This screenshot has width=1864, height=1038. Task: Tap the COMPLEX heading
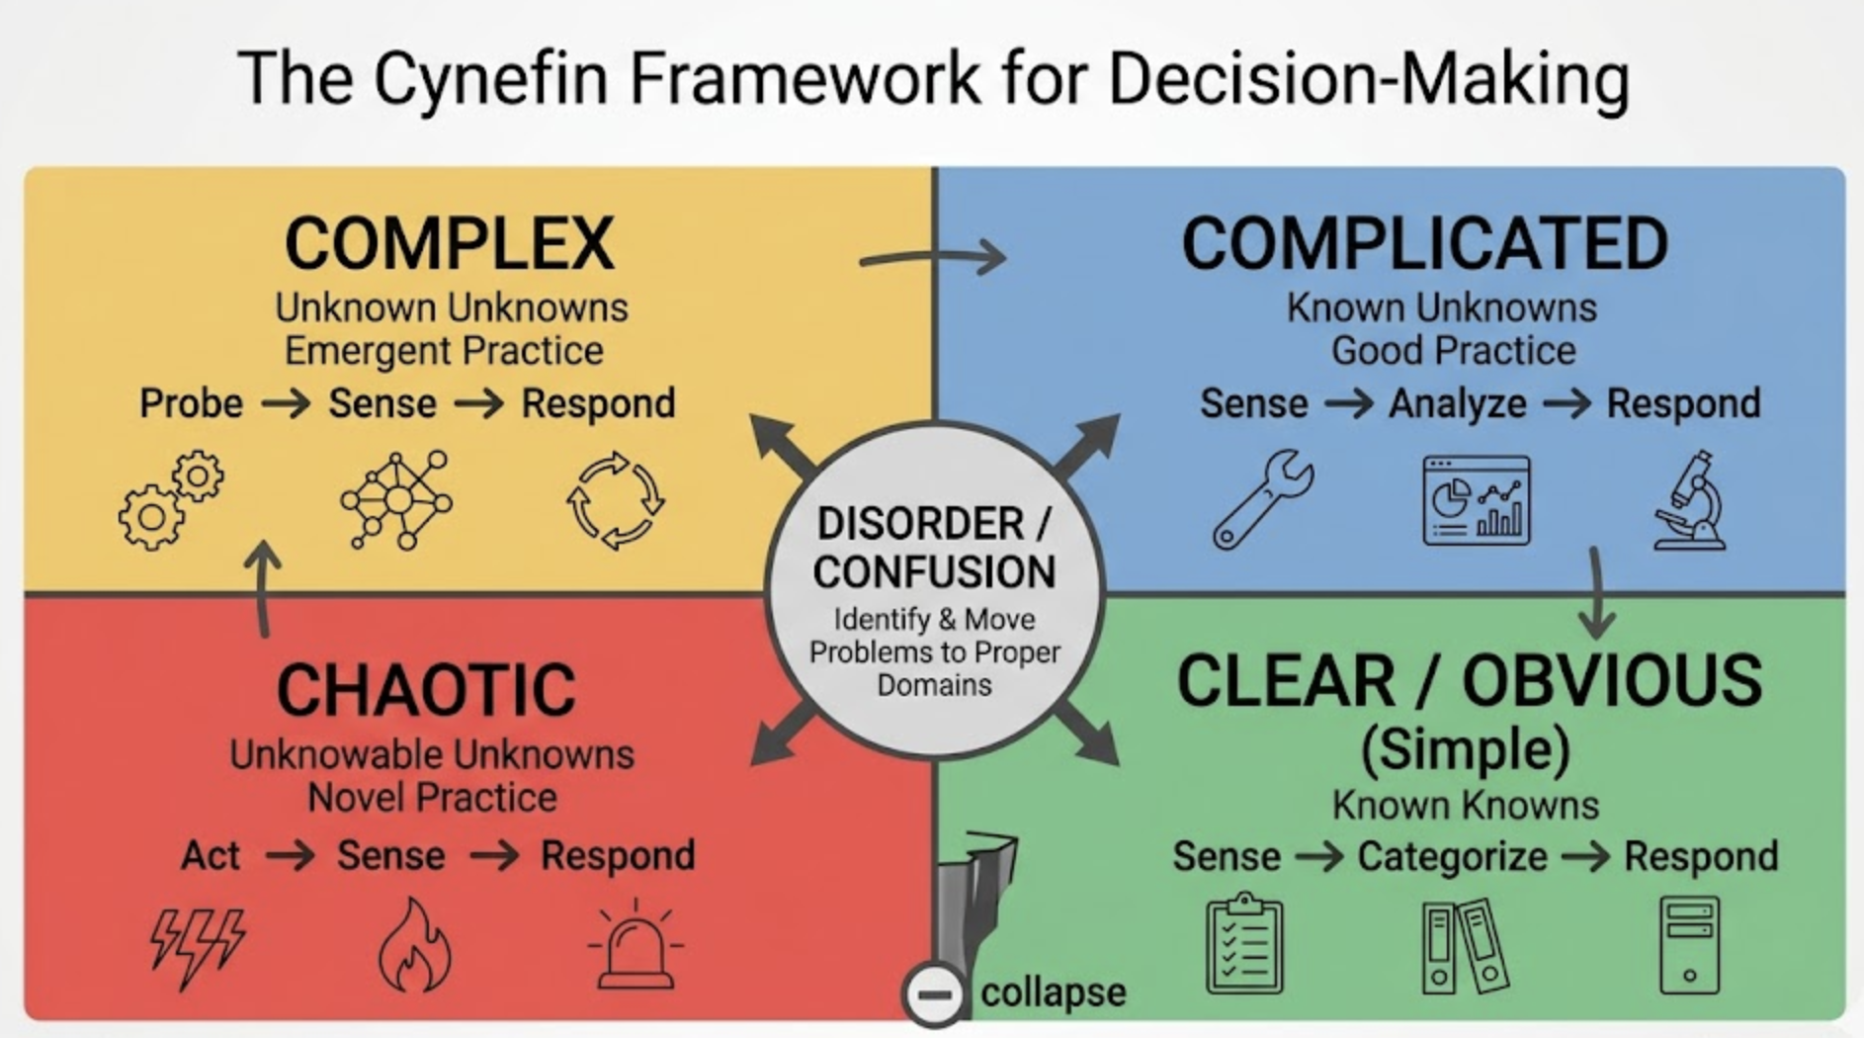[450, 243]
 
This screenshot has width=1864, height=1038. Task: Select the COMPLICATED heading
[1424, 243]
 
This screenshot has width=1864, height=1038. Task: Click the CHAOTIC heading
[426, 690]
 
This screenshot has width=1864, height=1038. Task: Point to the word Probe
[191, 403]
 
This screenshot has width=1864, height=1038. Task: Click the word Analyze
[1457, 403]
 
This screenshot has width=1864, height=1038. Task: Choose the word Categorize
[1452, 856]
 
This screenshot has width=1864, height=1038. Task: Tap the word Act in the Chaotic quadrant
[210, 855]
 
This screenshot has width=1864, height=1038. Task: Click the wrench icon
[1263, 498]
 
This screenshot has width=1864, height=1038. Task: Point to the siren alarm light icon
[635, 946]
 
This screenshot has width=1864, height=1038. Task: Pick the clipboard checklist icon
[1244, 944]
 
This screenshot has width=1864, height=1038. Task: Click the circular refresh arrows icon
[615, 500]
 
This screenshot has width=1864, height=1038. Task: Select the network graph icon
[396, 500]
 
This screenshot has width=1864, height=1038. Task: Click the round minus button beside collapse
[934, 994]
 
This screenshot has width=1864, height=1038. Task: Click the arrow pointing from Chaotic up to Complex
[263, 588]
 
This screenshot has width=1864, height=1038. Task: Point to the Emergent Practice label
[444, 351]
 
